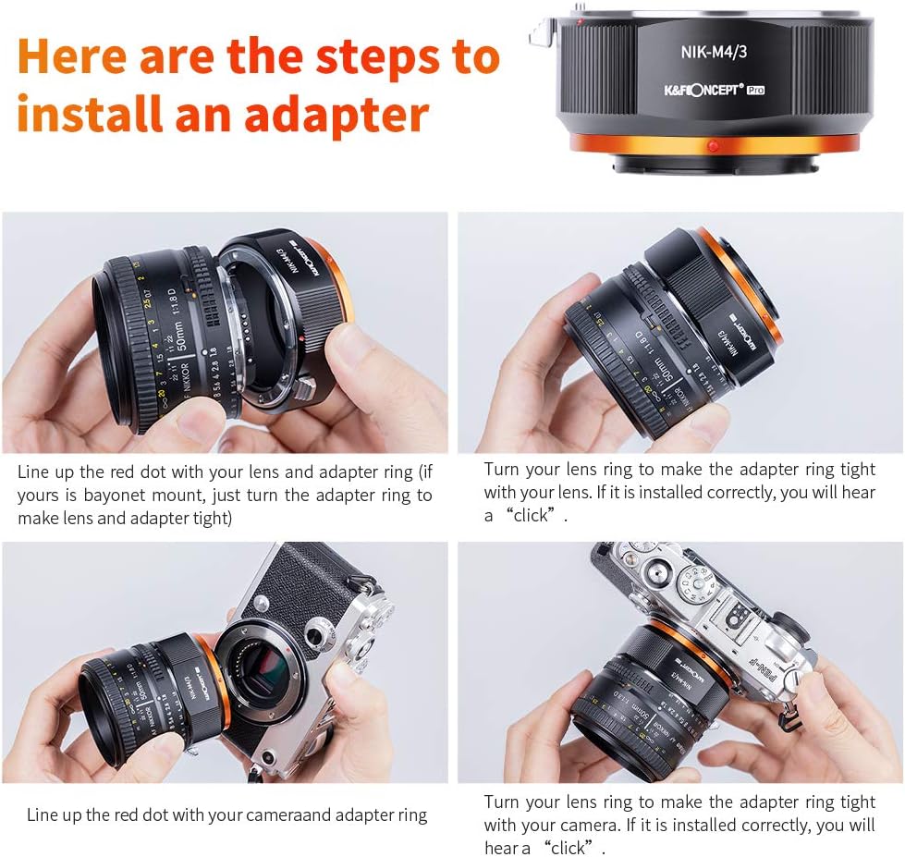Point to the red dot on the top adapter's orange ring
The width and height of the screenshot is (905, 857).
click(x=713, y=146)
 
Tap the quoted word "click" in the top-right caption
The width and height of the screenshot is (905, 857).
click(x=531, y=516)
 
